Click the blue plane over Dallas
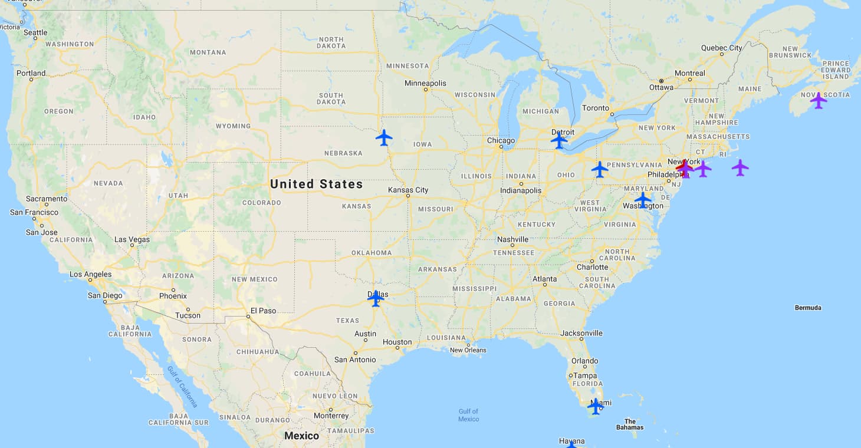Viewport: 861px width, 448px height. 376,298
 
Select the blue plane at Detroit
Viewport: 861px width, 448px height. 559,140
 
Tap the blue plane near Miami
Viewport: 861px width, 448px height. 596,406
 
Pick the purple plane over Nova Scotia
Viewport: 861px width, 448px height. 818,101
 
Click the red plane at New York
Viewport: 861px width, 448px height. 684,167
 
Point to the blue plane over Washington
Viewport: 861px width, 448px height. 643,200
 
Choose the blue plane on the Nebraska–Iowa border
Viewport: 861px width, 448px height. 384,138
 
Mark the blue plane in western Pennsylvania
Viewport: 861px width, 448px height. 600,169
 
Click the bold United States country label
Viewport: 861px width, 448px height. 316,184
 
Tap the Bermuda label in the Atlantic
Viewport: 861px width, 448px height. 808,308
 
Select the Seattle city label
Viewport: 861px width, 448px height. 35,32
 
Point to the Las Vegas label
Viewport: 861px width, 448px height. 132,239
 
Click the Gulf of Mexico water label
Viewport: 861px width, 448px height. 468,415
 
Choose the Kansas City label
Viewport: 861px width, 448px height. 408,190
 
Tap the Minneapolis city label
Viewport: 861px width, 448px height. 425,83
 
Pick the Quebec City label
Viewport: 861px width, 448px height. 721,48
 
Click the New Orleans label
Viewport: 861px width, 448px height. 468,350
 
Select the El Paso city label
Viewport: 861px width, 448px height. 263,310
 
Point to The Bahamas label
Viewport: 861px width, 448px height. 630,424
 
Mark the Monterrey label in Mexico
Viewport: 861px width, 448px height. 331,416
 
